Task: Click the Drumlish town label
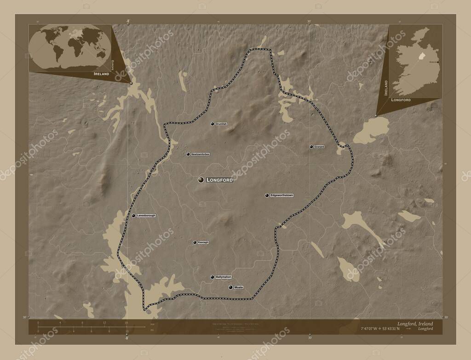click(x=222, y=124)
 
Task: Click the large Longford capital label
click(x=220, y=180)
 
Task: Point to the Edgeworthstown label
click(x=281, y=195)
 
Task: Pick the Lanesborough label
click(x=146, y=215)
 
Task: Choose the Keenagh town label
click(x=203, y=242)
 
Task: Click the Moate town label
click(x=238, y=287)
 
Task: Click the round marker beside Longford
click(x=201, y=180)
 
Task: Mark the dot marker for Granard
click(x=311, y=147)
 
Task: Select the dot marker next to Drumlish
click(x=213, y=124)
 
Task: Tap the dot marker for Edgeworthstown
click(x=267, y=195)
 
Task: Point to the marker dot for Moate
click(x=230, y=287)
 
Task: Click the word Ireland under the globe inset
click(x=101, y=74)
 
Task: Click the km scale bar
click(x=83, y=325)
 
